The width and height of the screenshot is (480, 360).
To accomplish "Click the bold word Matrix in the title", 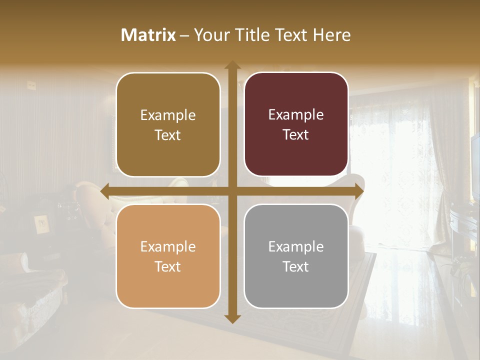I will click(x=148, y=35).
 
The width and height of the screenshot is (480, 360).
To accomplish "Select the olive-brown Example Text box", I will click(x=168, y=125).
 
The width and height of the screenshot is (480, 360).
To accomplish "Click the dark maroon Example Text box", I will click(x=296, y=124).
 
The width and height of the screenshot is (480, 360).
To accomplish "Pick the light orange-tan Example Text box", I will click(x=168, y=256).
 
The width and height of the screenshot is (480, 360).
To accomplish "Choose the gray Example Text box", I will click(x=296, y=256).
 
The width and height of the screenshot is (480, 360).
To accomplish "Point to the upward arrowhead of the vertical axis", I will click(x=232, y=65).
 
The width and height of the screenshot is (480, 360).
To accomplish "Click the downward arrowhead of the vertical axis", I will click(x=232, y=318).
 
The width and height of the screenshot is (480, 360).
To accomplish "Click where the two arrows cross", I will click(x=232, y=191).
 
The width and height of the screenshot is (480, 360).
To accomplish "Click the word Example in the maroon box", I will click(x=296, y=115).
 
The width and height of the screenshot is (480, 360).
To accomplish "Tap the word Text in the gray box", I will click(x=296, y=266).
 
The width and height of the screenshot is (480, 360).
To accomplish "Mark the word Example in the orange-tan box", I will click(x=168, y=246).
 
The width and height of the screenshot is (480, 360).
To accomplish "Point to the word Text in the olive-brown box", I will click(x=168, y=135).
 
